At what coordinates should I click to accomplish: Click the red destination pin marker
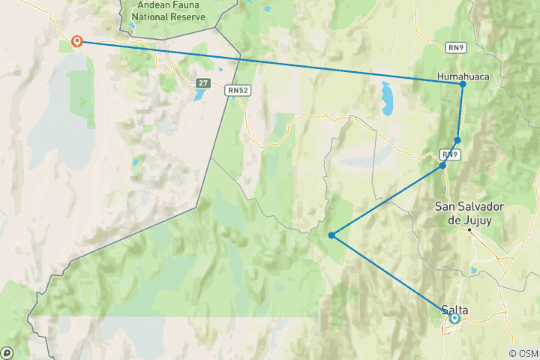[x=76, y=41]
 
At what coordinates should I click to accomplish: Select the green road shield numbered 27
[x=203, y=82]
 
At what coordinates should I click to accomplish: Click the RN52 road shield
[x=238, y=90]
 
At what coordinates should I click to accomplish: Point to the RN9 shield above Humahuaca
[x=455, y=47]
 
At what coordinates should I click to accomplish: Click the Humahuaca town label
[x=459, y=75]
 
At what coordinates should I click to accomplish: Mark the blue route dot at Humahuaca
[x=463, y=84]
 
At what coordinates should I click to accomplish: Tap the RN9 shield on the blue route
[x=448, y=154]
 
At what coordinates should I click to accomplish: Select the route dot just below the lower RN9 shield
[x=443, y=165]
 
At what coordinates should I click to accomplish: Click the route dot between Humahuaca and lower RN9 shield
[x=457, y=140]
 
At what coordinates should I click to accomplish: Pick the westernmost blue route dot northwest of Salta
[x=331, y=235]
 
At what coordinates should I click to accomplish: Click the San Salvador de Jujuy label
[x=469, y=212]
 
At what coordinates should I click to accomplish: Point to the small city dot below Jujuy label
[x=470, y=230]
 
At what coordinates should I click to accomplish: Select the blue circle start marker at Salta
[x=454, y=319]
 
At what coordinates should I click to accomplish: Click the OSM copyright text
[x=523, y=353]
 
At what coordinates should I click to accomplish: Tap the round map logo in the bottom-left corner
[x=7, y=352]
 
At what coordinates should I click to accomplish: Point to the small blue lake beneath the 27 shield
[x=199, y=95]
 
